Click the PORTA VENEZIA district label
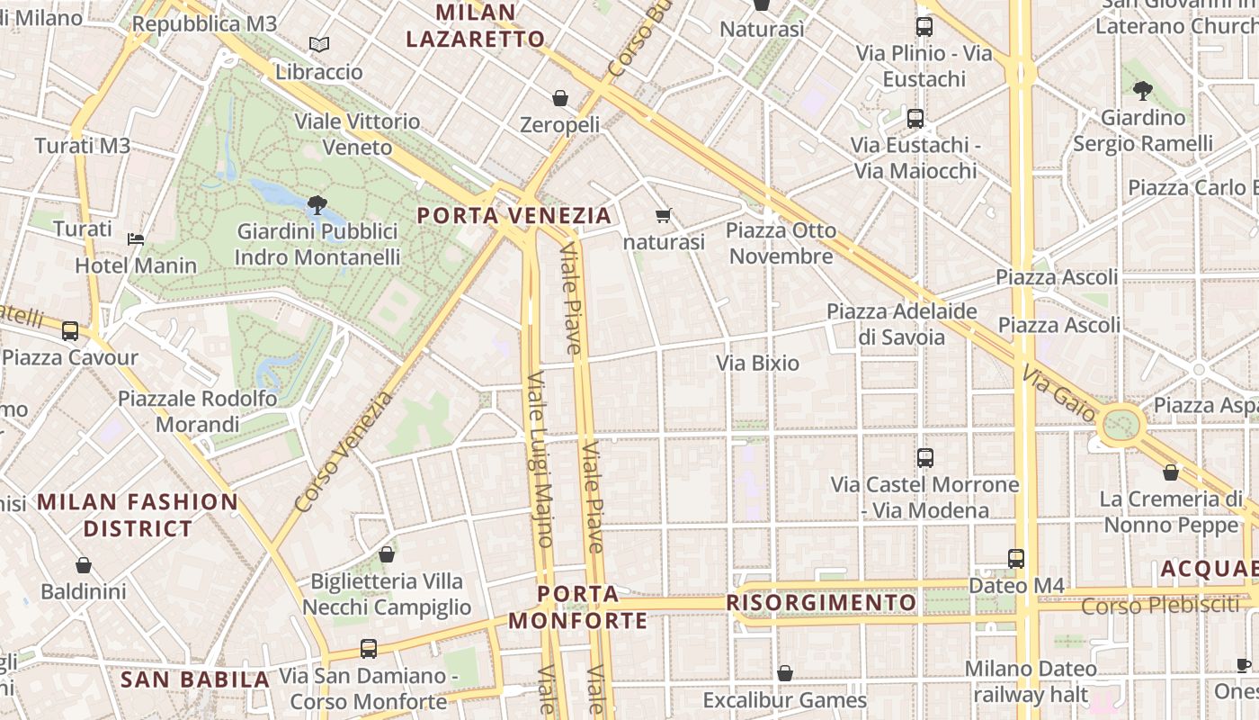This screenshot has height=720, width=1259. coord(514,216)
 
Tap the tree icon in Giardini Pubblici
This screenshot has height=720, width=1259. coord(317,205)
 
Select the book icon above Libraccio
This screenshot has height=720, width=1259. coord(318,44)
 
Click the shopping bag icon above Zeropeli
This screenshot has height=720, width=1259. coord(560,97)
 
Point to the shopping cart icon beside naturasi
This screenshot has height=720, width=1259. coord(664,215)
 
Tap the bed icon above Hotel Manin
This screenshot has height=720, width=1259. coord(136,238)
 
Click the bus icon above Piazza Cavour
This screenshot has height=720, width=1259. coord(70,330)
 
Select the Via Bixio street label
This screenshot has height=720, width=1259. coord(757,363)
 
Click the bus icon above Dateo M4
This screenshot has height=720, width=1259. coord(1016,558)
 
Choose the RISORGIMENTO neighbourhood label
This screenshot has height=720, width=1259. coord(821,602)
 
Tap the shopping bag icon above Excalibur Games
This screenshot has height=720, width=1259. coord(785,672)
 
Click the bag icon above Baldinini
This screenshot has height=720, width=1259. coord(84,565)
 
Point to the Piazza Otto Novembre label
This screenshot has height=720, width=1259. coord(781,243)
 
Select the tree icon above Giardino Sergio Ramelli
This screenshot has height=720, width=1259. coord(1143,90)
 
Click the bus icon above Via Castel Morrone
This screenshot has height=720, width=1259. coord(924,457)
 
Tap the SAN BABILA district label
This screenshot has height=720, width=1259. coord(195,679)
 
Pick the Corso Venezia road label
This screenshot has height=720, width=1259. coord(344,452)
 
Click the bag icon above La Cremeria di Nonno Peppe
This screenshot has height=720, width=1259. coord(1171,472)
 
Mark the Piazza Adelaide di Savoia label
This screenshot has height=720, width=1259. coord(902,324)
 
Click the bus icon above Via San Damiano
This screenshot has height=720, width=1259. coord(368,648)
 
